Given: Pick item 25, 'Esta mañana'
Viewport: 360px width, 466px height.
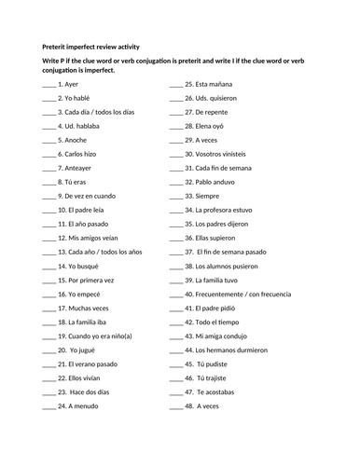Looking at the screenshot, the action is click(209, 84).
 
